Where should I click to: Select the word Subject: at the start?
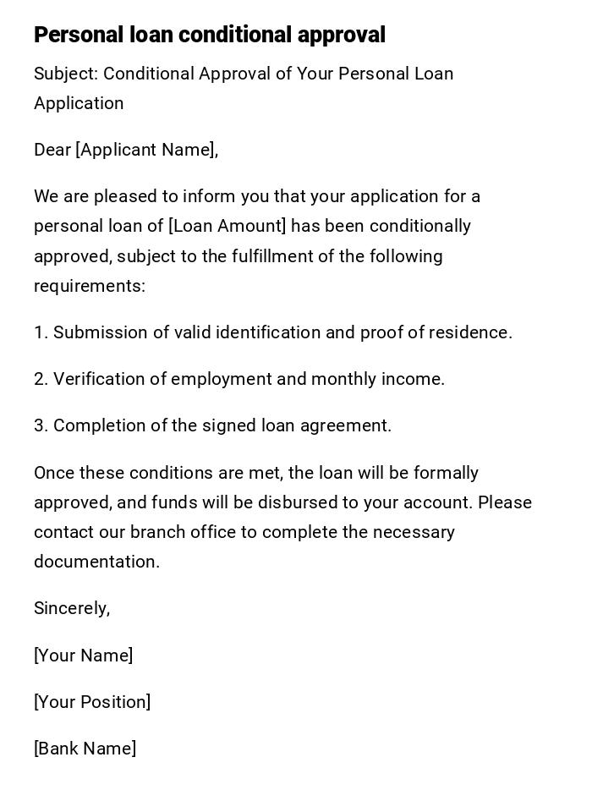[x=66, y=74]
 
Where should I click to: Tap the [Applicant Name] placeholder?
[x=146, y=150]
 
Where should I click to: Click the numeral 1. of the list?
[x=41, y=332]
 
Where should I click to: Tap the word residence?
[x=470, y=332]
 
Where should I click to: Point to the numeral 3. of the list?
[x=41, y=425]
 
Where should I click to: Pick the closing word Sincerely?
[x=72, y=608]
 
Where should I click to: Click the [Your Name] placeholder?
[x=83, y=656]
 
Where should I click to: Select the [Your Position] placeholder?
[x=92, y=702]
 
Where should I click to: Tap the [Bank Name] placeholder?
[x=85, y=749]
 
